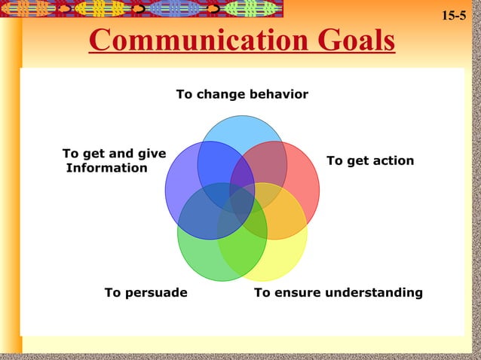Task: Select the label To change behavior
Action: (242, 94)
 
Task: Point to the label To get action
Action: (369, 160)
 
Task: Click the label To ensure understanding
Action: (339, 292)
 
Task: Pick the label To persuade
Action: (146, 292)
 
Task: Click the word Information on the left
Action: (107, 168)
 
